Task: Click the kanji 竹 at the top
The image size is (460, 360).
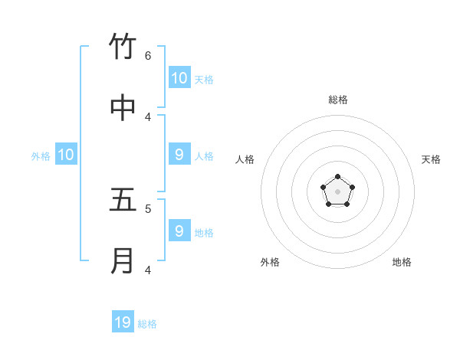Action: [x=123, y=47]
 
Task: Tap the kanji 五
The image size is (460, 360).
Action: [x=123, y=200]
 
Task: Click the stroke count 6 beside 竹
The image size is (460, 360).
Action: [x=148, y=55]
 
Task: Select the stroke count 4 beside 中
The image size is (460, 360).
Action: [x=148, y=116]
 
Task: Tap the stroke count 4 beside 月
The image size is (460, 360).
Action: [x=148, y=270]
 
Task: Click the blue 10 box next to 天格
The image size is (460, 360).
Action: [x=179, y=78]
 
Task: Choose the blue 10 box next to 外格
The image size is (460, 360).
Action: [x=66, y=155]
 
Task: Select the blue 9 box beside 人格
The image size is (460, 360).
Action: [x=179, y=155]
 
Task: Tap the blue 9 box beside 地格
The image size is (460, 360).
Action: [x=179, y=231]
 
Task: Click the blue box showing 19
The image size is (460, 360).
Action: [x=123, y=322]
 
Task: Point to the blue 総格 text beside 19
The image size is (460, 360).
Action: [x=147, y=324]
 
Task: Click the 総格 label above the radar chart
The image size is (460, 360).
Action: [x=337, y=100]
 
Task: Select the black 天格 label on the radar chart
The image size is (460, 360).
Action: [x=431, y=159]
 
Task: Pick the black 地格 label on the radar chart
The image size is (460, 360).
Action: [x=402, y=262]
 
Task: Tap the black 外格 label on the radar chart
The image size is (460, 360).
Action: [x=270, y=262]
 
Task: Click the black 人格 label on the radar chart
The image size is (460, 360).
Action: [x=245, y=159]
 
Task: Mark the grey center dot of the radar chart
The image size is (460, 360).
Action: [x=337, y=191]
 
